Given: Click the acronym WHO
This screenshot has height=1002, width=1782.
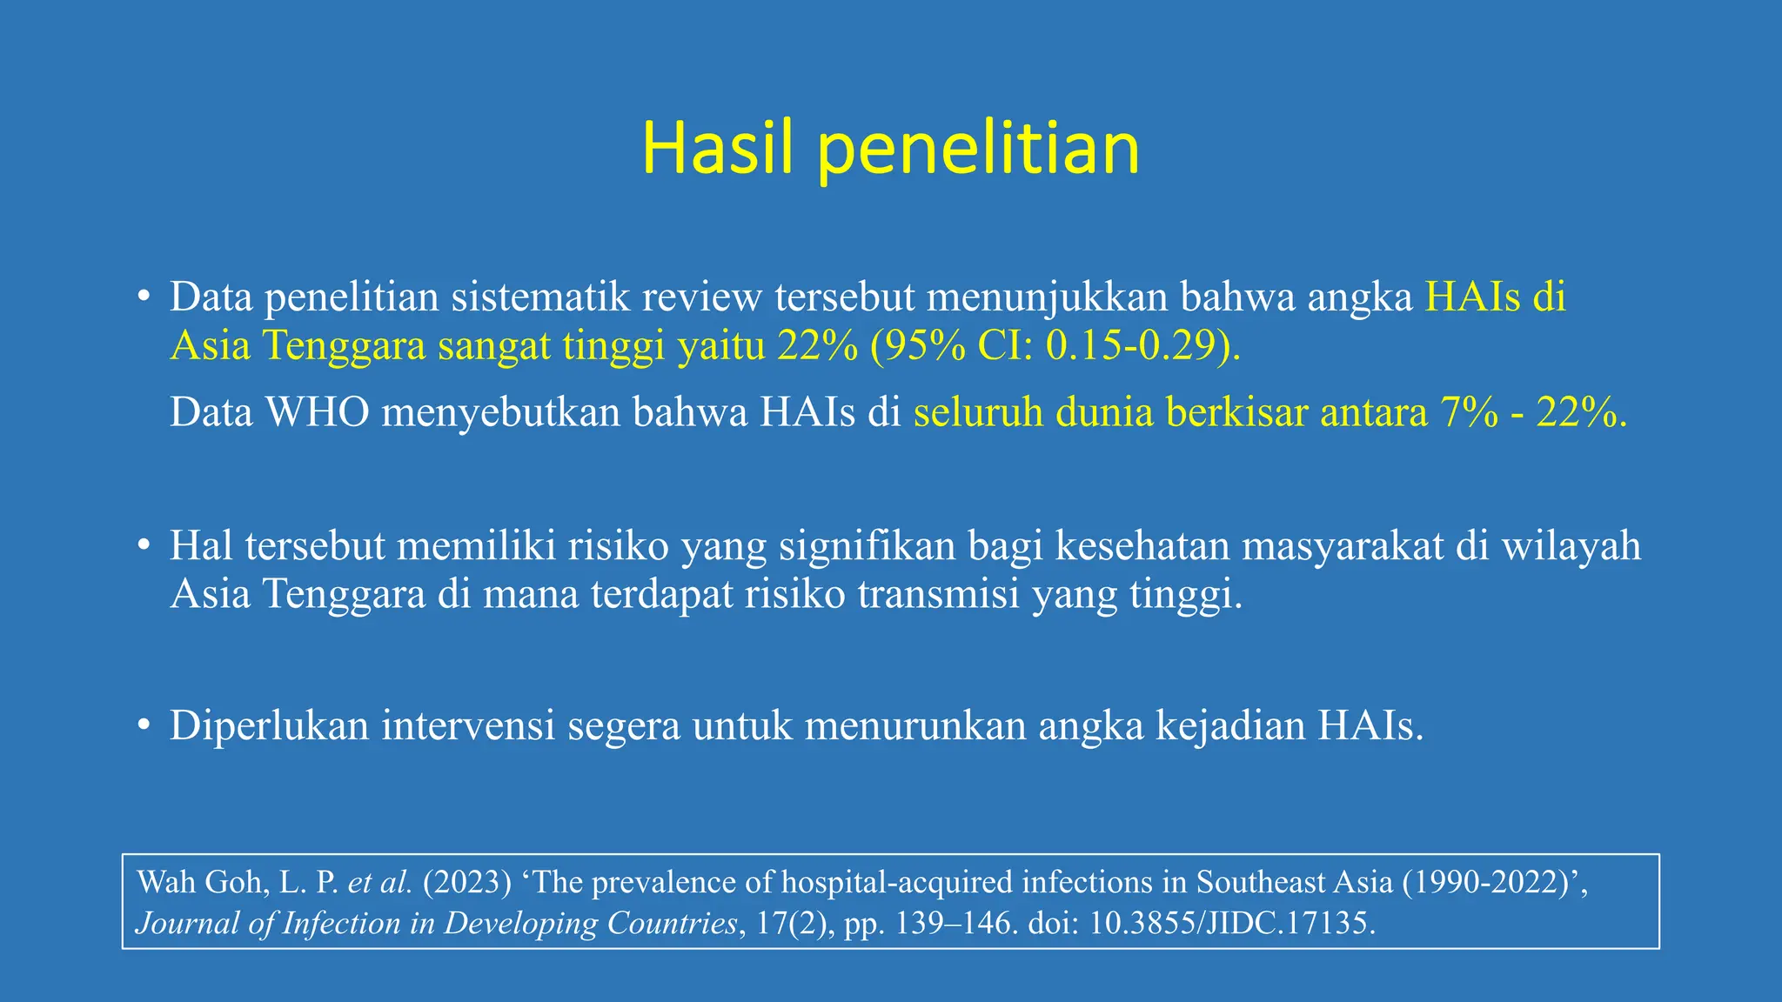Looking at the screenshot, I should click(x=318, y=412).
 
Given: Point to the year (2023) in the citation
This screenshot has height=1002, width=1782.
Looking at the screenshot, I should click(x=466, y=883).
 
